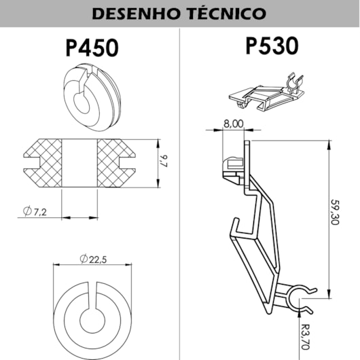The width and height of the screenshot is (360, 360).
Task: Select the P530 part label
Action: [271, 46]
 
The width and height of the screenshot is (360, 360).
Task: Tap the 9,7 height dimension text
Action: [163, 162]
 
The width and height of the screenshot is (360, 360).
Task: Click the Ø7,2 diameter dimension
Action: [33, 213]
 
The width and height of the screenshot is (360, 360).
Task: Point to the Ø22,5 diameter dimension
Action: [92, 258]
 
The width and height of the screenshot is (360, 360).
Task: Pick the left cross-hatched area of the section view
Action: [43, 163]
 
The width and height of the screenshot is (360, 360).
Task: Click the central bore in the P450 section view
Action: [79, 163]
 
